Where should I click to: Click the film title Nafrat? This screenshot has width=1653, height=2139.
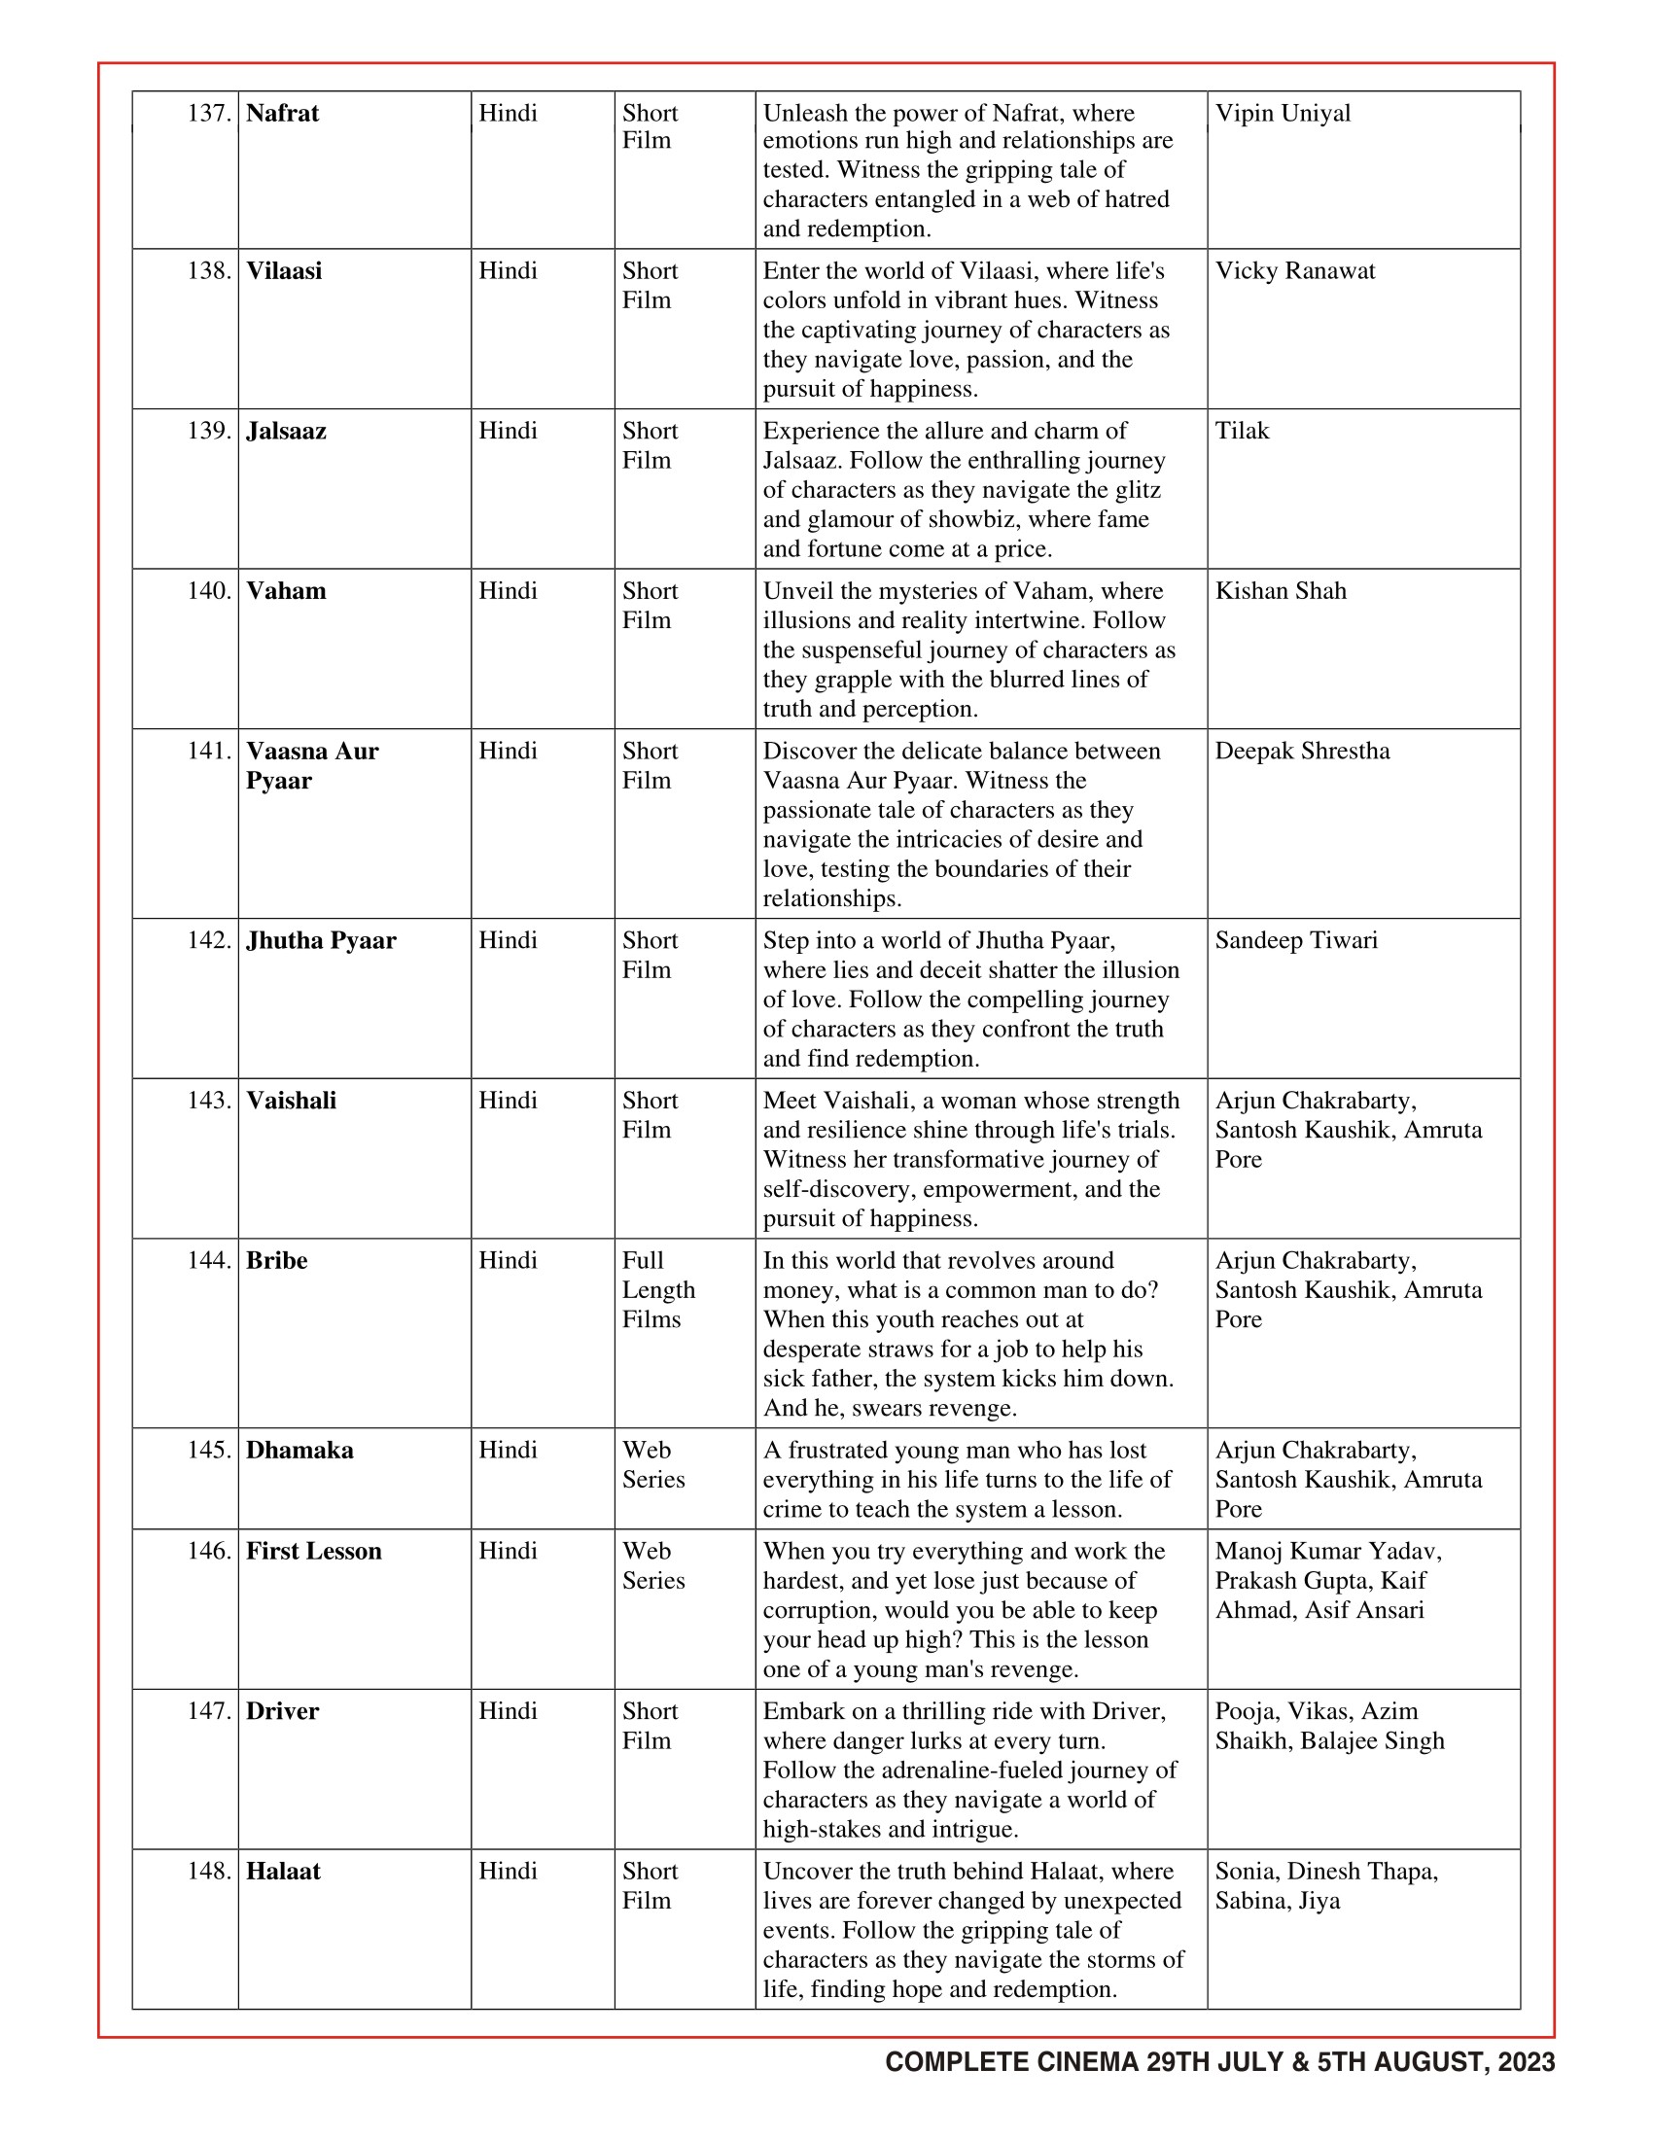[x=282, y=113]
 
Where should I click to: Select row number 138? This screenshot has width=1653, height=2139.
[x=209, y=270]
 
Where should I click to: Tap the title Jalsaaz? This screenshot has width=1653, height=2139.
[x=286, y=431]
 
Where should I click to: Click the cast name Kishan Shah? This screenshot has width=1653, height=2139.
[x=1280, y=590]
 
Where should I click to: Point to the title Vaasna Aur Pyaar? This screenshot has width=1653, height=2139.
[x=311, y=766]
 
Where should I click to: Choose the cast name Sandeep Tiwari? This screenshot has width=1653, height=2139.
[x=1295, y=940]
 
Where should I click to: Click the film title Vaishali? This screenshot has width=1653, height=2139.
[x=291, y=1100]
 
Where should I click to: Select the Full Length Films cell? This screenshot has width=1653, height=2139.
[x=658, y=1290]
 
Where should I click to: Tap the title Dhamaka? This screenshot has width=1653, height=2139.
[x=299, y=1450]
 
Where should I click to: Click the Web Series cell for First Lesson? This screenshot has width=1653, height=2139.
[x=653, y=1565]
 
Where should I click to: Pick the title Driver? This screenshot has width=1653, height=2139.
[x=282, y=1711]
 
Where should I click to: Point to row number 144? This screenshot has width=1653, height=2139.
[x=209, y=1260]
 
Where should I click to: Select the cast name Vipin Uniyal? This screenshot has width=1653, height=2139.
[x=1282, y=113]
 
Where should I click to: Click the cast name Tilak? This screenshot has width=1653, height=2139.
[x=1242, y=431]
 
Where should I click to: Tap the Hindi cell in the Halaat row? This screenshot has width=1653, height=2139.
[x=508, y=1871]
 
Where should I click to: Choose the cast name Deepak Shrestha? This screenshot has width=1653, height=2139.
[x=1301, y=752]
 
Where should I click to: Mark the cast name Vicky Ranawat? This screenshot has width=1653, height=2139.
[x=1294, y=270]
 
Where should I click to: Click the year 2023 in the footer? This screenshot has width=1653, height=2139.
[x=1526, y=2062]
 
